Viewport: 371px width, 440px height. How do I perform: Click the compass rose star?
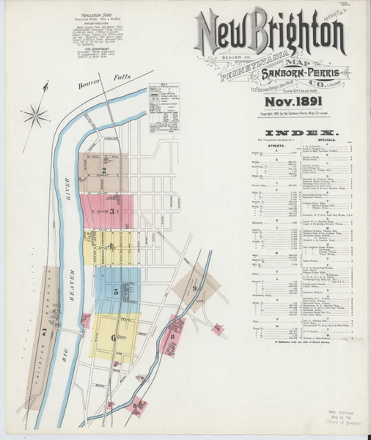pyautogui.click(x=34, y=114)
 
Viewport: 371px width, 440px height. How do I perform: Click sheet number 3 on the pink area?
pyautogui.click(x=111, y=211)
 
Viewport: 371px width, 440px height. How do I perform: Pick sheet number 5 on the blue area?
pyautogui.click(x=116, y=291)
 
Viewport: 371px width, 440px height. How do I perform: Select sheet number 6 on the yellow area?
pyautogui.click(x=113, y=337)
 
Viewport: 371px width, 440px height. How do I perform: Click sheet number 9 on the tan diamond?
pyautogui.click(x=195, y=288)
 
